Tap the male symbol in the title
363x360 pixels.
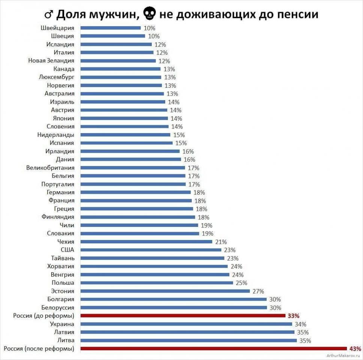[48, 15]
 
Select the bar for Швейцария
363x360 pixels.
[111, 28]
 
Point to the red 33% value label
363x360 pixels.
[294, 316]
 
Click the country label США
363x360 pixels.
[67, 250]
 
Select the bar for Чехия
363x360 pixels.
[146, 241]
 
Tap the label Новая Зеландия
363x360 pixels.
[51, 61]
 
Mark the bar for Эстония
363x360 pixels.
[165, 291]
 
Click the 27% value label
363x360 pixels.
[258, 291]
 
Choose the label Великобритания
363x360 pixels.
[50, 168]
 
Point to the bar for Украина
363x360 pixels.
[186, 324]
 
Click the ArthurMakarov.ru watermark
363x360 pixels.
[343, 355]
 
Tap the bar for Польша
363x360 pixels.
[157, 283]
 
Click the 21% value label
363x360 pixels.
[221, 242]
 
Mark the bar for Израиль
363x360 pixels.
[122, 102]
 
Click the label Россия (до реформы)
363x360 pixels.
[43, 316]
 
